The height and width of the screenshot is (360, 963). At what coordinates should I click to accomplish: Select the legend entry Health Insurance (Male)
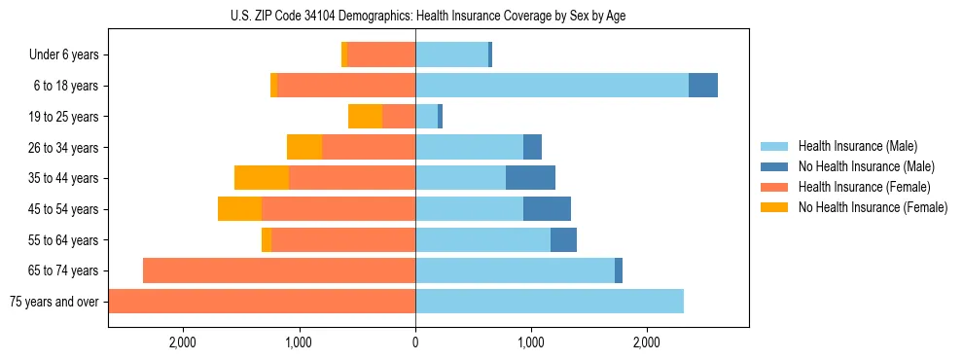click(x=857, y=146)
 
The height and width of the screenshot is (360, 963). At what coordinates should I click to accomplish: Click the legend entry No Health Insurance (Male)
click(x=866, y=166)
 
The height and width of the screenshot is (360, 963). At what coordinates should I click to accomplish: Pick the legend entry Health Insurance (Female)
click(x=864, y=187)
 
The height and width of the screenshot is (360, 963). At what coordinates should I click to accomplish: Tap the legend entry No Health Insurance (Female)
click(x=873, y=207)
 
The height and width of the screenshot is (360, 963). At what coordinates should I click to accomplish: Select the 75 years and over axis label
click(x=53, y=302)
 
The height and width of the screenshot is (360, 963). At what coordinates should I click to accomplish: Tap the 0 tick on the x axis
click(x=415, y=342)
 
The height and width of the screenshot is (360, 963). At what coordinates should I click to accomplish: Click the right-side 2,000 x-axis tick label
click(x=648, y=342)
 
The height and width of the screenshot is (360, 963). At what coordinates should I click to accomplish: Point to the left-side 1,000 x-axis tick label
click(x=299, y=342)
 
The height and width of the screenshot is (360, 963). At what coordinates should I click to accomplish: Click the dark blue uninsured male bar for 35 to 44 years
click(x=530, y=178)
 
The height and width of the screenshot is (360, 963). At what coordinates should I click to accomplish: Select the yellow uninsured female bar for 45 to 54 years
click(x=239, y=209)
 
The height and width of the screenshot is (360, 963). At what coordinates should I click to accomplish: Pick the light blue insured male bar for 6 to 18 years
click(x=552, y=86)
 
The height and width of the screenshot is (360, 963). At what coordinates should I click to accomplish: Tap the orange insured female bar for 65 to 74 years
click(x=279, y=270)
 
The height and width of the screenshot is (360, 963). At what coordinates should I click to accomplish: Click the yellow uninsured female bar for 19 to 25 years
click(x=365, y=117)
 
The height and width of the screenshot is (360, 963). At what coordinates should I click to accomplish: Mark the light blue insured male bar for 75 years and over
click(x=550, y=302)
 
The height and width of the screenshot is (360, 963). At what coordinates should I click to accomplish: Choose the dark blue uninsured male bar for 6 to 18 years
click(x=703, y=86)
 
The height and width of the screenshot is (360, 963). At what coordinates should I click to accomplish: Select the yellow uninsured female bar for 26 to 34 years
click(x=304, y=147)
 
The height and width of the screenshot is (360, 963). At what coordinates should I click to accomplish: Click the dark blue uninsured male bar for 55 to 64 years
click(x=563, y=239)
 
